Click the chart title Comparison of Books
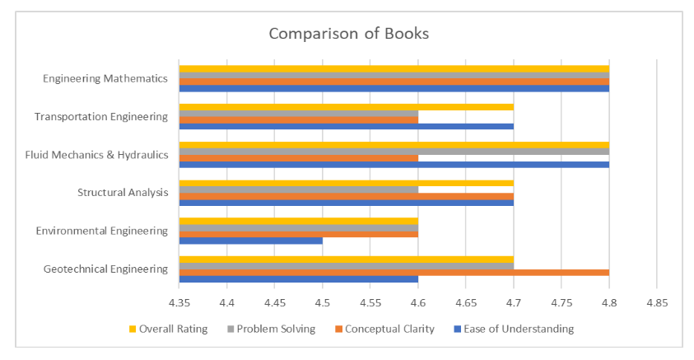click(x=348, y=35)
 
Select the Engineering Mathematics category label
click(x=105, y=79)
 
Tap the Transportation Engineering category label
click(x=100, y=117)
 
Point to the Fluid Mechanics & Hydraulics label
click(x=96, y=155)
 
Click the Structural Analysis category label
click(x=123, y=193)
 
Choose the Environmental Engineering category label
click(x=102, y=231)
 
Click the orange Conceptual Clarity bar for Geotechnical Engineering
click(x=394, y=272)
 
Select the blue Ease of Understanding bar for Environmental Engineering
click(x=250, y=241)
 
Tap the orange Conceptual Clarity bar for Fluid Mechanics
click(x=298, y=158)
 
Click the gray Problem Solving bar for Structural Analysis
click(x=298, y=189)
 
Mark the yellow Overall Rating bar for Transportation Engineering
click(x=346, y=107)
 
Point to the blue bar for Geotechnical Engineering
click(x=298, y=278)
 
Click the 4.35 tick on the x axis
click(x=179, y=302)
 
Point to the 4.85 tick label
click(x=656, y=302)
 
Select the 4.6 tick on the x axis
click(x=418, y=302)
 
